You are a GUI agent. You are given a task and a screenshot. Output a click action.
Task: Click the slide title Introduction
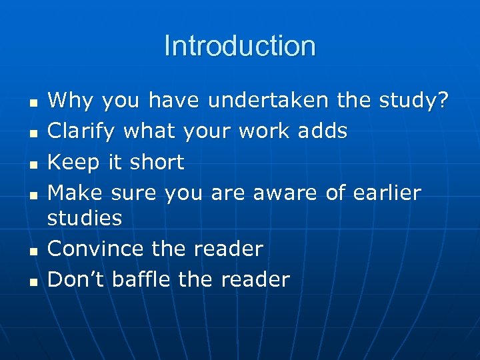point(239,46)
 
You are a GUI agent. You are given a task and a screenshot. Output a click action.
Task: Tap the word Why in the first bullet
point(66,101)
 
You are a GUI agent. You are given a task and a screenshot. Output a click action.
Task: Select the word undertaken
point(268,101)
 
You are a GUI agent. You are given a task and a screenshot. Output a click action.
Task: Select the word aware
point(285,193)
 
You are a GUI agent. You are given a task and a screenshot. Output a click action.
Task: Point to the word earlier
point(384,193)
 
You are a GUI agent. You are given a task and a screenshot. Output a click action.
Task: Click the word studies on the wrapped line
point(85,218)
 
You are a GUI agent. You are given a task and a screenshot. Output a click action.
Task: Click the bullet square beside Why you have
point(33,102)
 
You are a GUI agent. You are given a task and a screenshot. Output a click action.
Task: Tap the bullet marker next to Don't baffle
point(33,281)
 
